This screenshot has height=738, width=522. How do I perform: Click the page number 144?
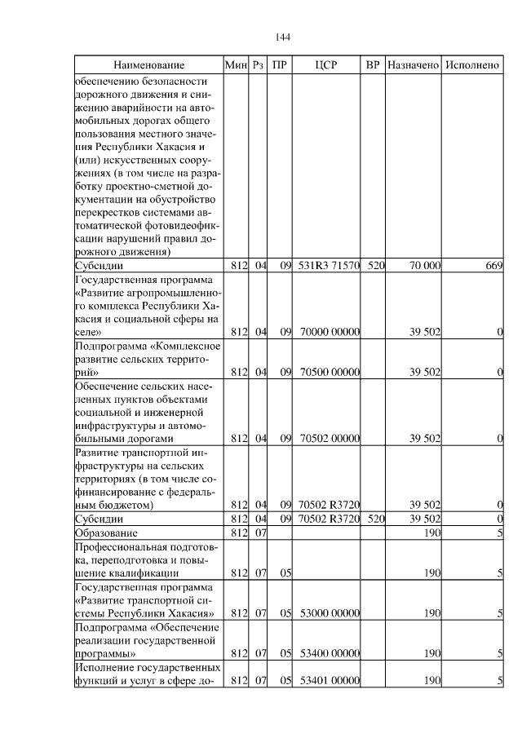pyautogui.click(x=283, y=37)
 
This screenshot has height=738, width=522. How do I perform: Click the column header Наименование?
pyautogui.click(x=149, y=64)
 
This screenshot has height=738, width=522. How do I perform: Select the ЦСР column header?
pyautogui.click(x=326, y=64)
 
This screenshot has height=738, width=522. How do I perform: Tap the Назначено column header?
pyautogui.click(x=414, y=64)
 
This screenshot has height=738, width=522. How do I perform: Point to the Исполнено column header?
pyautogui.click(x=473, y=64)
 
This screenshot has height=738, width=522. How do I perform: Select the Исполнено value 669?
pyautogui.click(x=493, y=265)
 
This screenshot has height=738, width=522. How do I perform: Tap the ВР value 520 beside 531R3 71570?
pyautogui.click(x=375, y=265)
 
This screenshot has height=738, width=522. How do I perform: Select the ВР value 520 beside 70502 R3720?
pyautogui.click(x=375, y=519)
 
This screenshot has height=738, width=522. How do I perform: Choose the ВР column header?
pyautogui.click(x=374, y=64)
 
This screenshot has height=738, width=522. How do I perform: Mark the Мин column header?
pyautogui.click(x=236, y=64)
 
